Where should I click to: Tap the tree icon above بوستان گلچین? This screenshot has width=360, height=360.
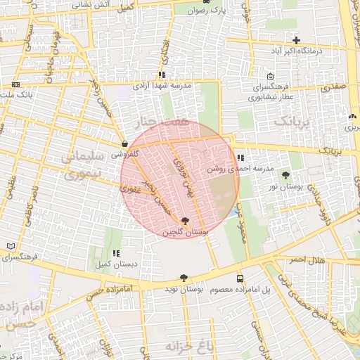click(x=185, y=221)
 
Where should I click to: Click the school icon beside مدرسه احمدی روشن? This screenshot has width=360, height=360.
click(x=241, y=158)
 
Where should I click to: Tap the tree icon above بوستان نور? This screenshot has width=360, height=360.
click(x=285, y=175)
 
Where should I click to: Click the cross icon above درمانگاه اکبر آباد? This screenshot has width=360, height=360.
click(x=297, y=41)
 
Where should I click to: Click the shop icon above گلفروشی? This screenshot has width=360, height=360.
click(x=124, y=143)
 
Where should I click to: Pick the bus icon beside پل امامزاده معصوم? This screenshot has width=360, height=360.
click(x=240, y=278)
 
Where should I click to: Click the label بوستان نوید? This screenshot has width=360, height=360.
click(x=184, y=289)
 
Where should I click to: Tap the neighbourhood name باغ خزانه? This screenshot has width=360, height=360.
click(x=189, y=346)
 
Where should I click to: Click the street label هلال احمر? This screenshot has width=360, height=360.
click(x=307, y=260)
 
